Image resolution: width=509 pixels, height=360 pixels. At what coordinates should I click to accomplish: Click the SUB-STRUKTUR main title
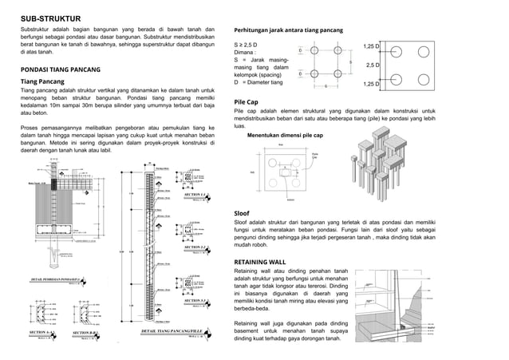tap(49, 17)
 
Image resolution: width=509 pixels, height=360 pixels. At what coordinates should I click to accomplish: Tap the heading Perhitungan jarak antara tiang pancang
tap(287, 30)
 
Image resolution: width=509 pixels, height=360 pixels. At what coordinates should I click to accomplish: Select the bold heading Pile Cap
tap(245, 103)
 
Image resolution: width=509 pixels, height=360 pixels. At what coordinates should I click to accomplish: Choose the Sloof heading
tap(242, 214)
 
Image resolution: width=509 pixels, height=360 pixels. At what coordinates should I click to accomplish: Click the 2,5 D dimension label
tap(371, 65)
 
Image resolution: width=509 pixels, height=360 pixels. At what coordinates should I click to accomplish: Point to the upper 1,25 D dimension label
tap(371, 46)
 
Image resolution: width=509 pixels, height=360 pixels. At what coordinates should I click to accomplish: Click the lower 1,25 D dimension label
tap(371, 84)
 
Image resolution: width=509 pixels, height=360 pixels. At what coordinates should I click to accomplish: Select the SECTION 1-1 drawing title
tap(195, 194)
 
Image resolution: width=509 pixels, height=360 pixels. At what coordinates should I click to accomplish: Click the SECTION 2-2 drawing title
tap(195, 247)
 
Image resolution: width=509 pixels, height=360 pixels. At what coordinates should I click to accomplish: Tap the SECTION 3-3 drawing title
tap(195, 301)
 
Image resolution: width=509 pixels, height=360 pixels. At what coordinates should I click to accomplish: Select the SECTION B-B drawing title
tap(85, 331)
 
